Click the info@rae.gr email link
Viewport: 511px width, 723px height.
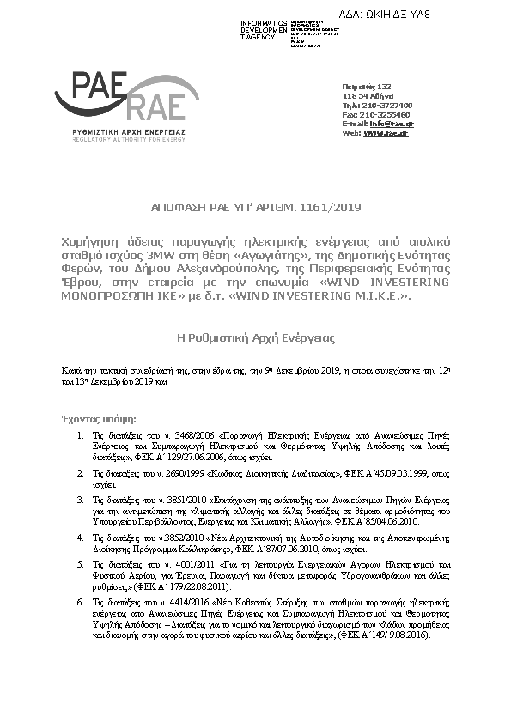coord(387,124)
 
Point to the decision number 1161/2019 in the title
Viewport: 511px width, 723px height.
coord(334,207)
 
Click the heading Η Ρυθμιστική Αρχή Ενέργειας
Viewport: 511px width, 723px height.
coord(255,338)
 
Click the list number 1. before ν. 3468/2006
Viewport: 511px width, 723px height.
coord(81,437)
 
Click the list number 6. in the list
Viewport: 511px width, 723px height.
coord(81,606)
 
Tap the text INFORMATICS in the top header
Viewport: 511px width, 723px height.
coord(264,21)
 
